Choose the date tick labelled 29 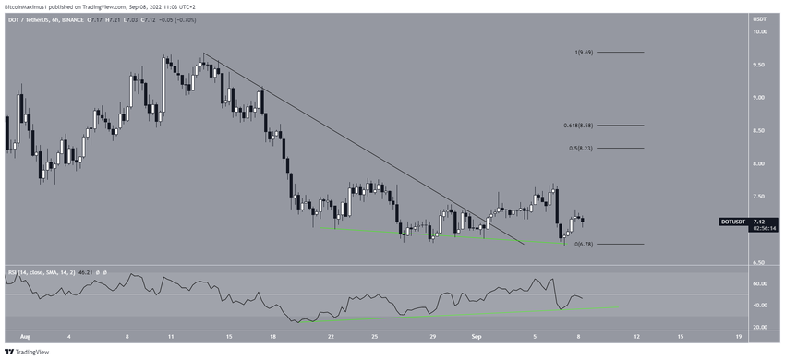coord(432,338)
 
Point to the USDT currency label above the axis coord(761,18)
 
